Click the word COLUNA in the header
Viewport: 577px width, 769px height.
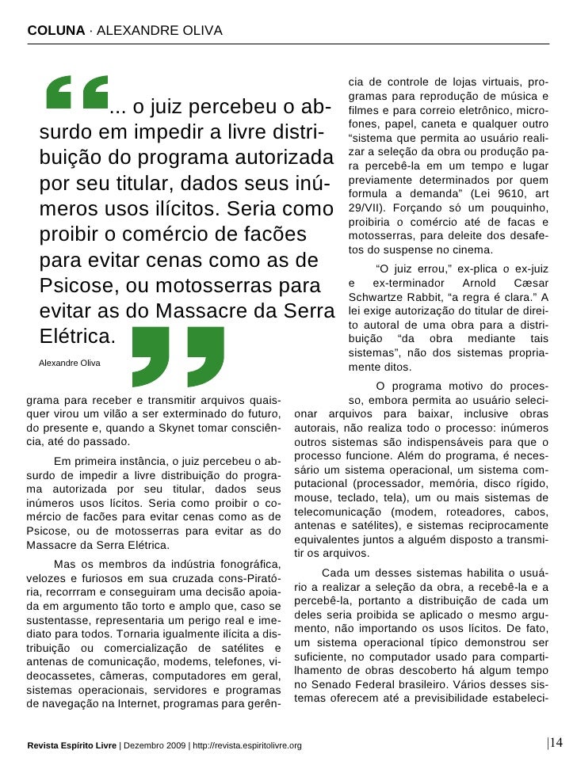(55, 30)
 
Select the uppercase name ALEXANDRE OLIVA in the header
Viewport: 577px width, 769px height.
(159, 30)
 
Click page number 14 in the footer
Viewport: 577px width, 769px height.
(556, 742)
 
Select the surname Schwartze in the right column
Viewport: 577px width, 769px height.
(376, 297)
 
